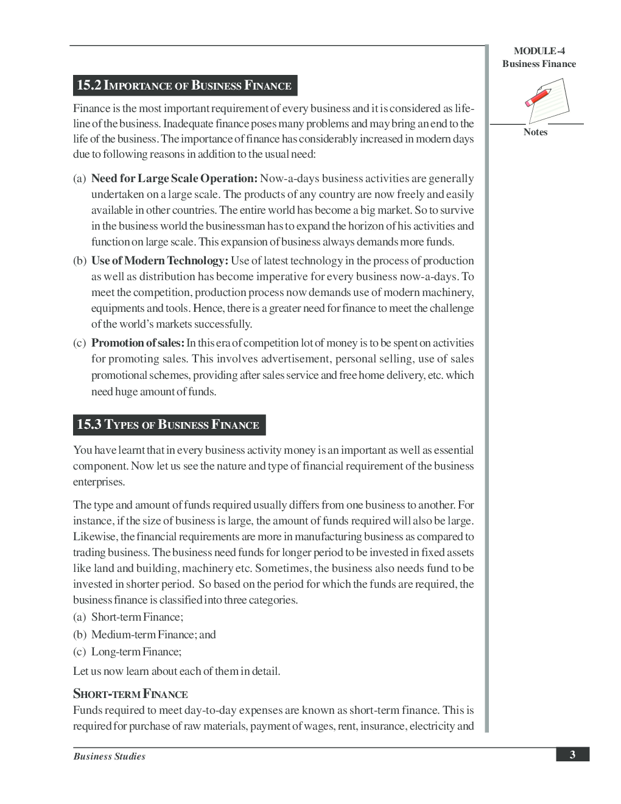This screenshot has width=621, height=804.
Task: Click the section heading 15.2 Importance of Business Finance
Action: (184, 85)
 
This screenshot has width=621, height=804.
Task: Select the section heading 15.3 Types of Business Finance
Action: (169, 425)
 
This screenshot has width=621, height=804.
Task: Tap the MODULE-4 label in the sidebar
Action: (539, 51)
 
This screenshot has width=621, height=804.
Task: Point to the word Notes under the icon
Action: (535, 132)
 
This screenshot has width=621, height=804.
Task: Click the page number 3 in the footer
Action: (572, 755)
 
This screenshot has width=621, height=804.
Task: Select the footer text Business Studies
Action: (110, 756)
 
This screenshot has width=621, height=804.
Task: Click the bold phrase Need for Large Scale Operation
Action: (174, 178)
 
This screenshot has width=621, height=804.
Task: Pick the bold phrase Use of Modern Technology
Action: (160, 261)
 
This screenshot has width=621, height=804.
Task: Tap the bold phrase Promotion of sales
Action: (138, 343)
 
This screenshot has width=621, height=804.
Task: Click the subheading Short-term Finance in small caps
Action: (130, 694)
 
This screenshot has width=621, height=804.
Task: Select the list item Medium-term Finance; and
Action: (153, 635)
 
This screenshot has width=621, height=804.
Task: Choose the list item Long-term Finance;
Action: (136, 652)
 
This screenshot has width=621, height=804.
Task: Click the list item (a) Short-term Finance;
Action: (128, 617)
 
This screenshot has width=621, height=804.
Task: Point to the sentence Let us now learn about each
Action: (177, 671)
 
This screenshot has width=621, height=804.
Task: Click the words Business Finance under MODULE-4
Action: (539, 64)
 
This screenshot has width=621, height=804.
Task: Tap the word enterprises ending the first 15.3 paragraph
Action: (99, 482)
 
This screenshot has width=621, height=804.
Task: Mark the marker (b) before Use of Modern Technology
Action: (80, 261)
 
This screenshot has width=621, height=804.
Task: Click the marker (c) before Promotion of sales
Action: (80, 343)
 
